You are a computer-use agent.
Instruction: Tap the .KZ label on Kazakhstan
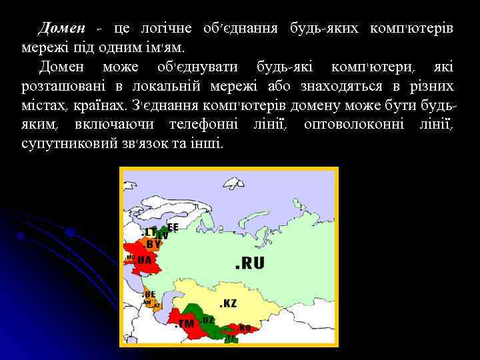tap(228, 303)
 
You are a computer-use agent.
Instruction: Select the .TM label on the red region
tap(185, 324)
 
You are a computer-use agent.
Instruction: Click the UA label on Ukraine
tap(144, 260)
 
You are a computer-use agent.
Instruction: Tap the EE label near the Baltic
tap(172, 227)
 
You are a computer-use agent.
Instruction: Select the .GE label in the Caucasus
tap(149, 293)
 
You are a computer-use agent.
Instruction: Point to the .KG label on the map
tap(243, 328)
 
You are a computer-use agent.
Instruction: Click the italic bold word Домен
tap(62, 29)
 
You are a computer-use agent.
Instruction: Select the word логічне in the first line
tap(166, 29)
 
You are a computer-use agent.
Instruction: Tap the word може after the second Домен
tap(121, 67)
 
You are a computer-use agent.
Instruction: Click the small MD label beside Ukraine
tap(130, 256)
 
